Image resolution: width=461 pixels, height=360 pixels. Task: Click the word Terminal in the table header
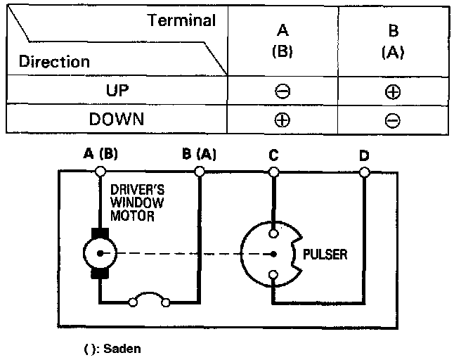[181, 20]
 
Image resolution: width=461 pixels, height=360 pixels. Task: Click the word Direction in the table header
[55, 61]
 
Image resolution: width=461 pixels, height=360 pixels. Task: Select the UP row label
[117, 91]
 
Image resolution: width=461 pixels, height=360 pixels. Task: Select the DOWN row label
[117, 119]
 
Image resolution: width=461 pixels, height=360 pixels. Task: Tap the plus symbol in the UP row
[393, 91]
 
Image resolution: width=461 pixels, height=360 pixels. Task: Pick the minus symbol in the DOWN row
[393, 120]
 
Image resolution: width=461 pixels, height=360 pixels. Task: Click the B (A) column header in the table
[393, 41]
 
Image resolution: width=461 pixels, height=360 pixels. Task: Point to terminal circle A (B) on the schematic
[100, 171]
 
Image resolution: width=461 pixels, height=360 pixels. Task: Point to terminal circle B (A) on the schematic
[200, 171]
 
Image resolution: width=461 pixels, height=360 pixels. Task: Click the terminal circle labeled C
[273, 171]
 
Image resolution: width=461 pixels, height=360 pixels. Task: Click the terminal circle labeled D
[363, 171]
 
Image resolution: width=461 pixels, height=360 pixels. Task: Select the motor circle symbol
[99, 252]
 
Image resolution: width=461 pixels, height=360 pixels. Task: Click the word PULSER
[325, 254]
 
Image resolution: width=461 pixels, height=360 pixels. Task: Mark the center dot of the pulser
[273, 253]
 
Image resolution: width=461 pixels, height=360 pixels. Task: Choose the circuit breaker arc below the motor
[148, 299]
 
